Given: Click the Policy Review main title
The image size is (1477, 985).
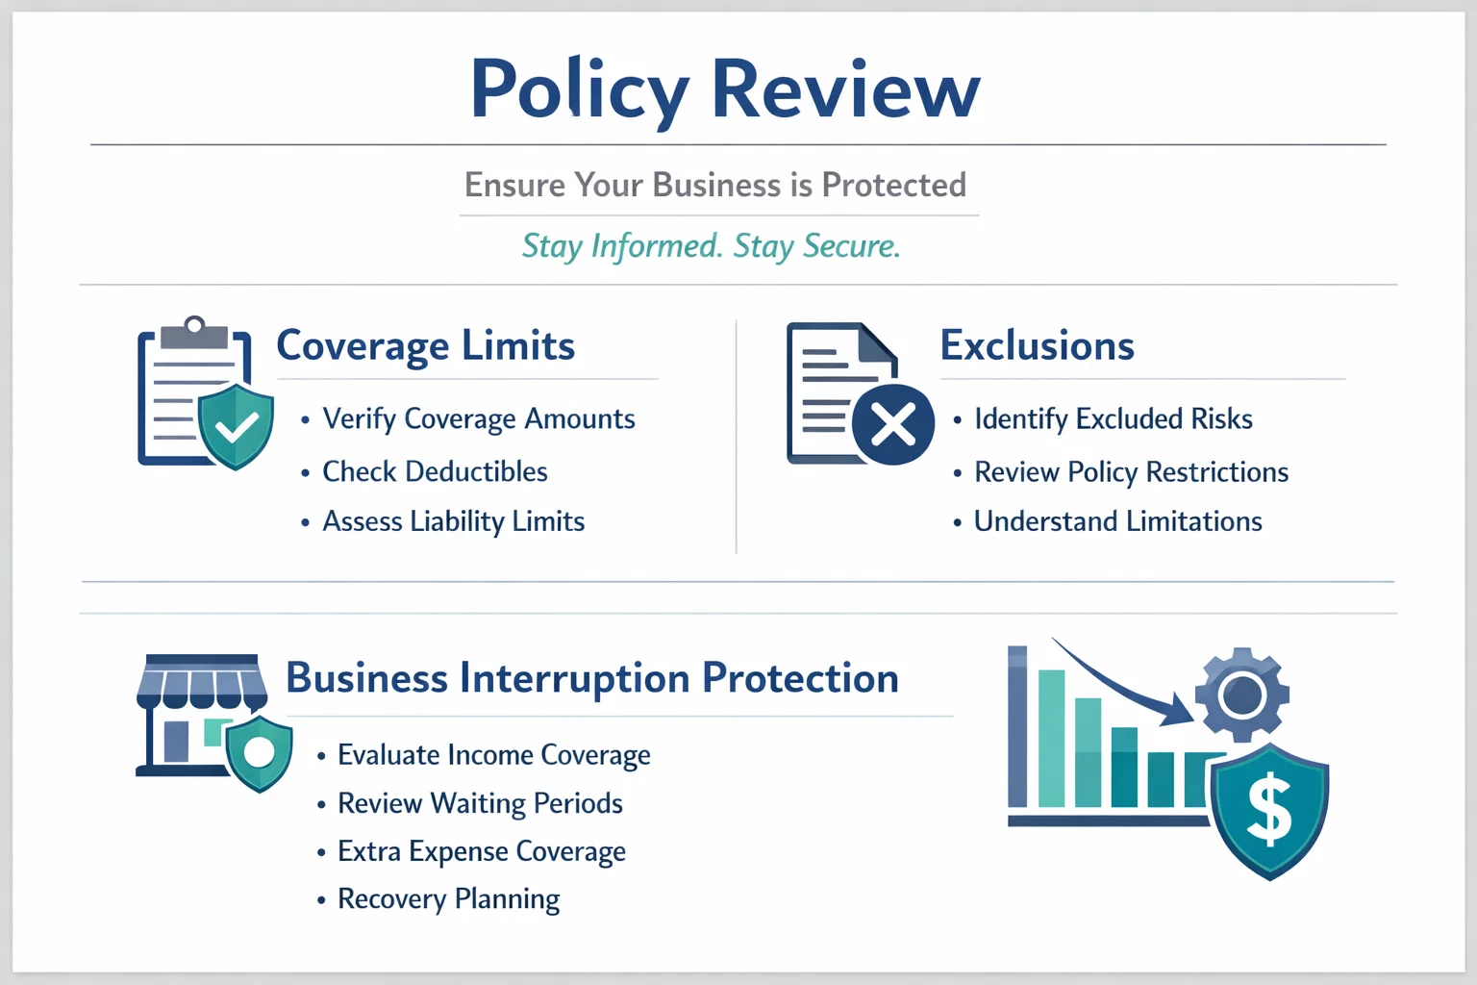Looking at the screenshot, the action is (725, 89).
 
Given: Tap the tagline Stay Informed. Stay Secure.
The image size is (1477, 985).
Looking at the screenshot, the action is (711, 246).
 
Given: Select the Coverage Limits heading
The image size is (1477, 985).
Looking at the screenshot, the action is (425, 345).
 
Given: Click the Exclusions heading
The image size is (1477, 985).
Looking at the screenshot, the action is (1038, 345).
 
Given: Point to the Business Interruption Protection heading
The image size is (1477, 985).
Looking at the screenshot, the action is (592, 678).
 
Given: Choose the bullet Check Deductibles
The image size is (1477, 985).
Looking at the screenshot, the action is (435, 471).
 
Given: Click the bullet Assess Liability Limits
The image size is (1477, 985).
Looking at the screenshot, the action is (453, 521).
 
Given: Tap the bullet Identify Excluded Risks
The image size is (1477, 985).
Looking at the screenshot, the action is (1113, 419).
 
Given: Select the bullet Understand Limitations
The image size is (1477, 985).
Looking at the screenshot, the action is (1117, 521).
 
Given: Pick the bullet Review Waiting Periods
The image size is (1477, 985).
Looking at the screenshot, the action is (480, 803).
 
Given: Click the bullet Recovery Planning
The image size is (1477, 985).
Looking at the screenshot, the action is (448, 899).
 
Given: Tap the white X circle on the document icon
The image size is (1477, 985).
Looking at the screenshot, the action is (892, 424).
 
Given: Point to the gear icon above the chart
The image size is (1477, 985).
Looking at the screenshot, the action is (1242, 695).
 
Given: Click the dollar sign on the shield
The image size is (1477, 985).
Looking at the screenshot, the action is (1270, 810).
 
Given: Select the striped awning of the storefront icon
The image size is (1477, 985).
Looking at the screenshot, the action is (202, 684).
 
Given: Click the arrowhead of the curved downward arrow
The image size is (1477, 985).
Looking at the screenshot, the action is (1178, 713).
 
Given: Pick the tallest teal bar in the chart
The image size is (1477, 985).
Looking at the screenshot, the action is (1052, 738).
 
